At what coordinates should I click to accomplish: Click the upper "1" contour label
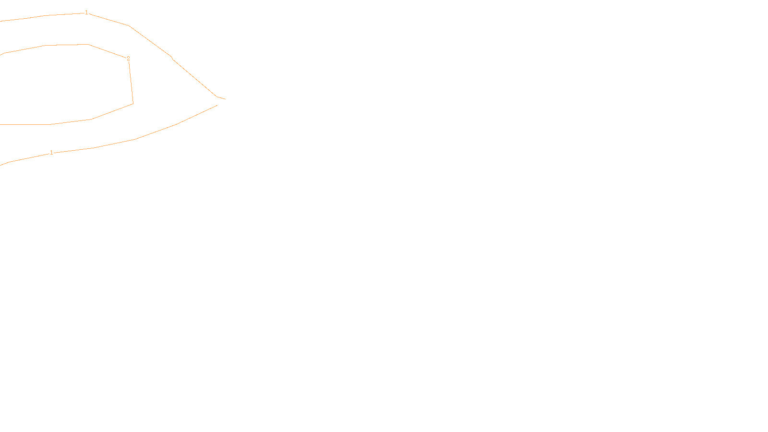click(86, 12)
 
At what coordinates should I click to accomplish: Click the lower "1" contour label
click(51, 153)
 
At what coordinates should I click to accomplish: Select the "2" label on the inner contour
click(128, 58)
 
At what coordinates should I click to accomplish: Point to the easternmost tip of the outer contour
click(225, 99)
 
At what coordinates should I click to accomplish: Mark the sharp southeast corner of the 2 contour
click(133, 103)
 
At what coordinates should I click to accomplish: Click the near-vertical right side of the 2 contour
click(131, 82)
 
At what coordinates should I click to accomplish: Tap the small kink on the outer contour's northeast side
click(172, 58)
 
